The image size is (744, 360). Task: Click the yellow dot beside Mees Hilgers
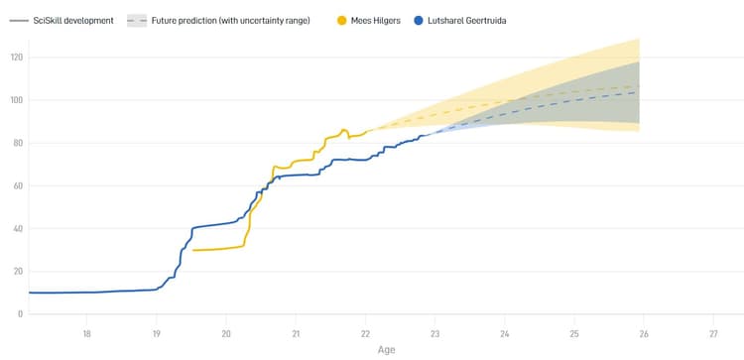coord(342,20)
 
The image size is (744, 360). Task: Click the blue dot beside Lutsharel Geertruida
coord(421,20)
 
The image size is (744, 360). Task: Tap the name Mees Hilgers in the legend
coord(376,20)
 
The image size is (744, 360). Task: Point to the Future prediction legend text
coord(230,20)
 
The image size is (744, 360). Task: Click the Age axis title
coord(386,349)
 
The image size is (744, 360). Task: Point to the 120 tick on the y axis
coord(16,58)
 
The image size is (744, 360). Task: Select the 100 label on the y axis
coord(16,100)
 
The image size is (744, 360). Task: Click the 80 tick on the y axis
coord(18,143)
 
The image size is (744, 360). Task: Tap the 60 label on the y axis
coord(18,185)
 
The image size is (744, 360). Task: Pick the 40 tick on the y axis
coord(18,228)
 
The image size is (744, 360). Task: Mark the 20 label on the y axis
coord(18,271)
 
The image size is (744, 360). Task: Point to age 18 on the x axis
coord(87,332)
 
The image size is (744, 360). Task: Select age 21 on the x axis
coord(296,332)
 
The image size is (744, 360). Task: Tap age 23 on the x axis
coord(435,332)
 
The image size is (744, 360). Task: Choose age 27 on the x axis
coord(714,332)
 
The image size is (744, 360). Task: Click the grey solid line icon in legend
coord(17,20)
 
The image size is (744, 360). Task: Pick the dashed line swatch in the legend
coord(137,20)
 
